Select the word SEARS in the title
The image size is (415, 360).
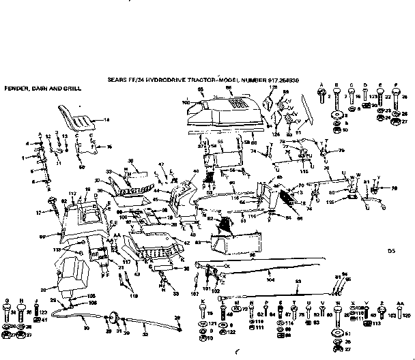point(117,80)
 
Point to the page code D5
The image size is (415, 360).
point(391,251)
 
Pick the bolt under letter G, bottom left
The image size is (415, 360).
point(9,312)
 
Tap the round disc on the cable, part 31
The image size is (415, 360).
point(113,318)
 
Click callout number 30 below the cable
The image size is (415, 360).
point(87,328)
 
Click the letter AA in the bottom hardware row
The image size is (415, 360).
point(399,301)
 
